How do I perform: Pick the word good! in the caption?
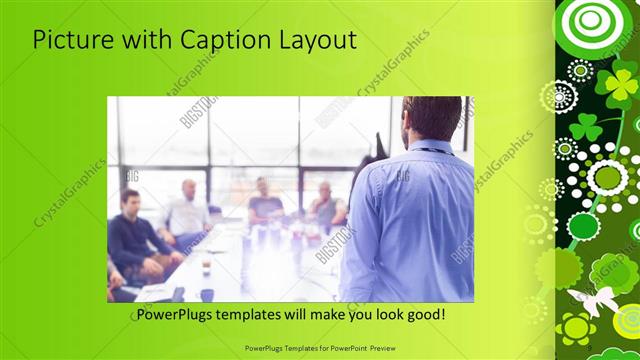click(x=425, y=315)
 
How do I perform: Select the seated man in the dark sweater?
click(x=132, y=235)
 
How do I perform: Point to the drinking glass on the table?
click(x=206, y=266)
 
